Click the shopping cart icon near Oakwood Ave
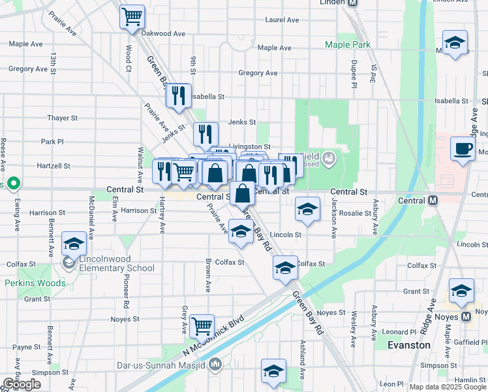click(132, 16)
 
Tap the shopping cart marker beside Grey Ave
click(203, 325)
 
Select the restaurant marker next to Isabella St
click(177, 96)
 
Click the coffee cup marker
click(463, 148)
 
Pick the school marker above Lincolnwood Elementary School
click(74, 244)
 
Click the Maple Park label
click(348, 44)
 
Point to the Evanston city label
click(408, 345)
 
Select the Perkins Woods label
click(35, 283)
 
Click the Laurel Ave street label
click(282, 20)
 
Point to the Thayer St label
click(62, 118)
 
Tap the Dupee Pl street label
click(353, 77)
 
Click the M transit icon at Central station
click(432, 201)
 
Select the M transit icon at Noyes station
click(466, 317)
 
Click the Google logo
click(22, 384)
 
